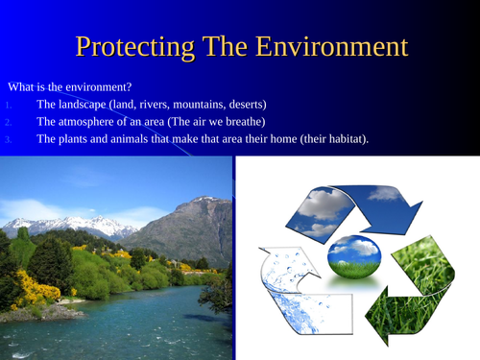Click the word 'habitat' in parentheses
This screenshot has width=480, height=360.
click(x=346, y=139)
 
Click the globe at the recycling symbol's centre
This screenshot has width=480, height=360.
click(x=354, y=255)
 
